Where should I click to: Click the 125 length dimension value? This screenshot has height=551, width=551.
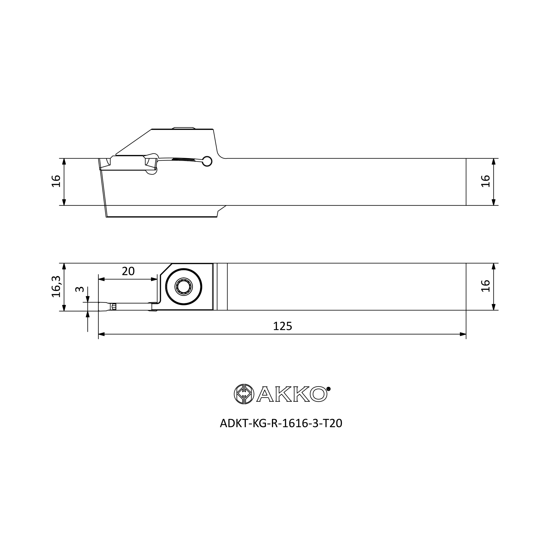(282, 326)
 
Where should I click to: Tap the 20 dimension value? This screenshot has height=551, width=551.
(128, 271)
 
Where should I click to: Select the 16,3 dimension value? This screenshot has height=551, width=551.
(56, 287)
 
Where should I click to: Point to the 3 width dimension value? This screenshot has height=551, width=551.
(80, 289)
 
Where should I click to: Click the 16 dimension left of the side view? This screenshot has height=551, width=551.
(56, 181)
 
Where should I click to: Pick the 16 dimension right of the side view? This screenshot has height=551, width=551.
(485, 181)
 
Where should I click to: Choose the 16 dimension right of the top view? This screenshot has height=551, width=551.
(485, 286)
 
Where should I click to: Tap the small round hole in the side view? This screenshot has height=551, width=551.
(207, 161)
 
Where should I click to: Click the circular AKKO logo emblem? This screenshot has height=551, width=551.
(244, 394)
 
